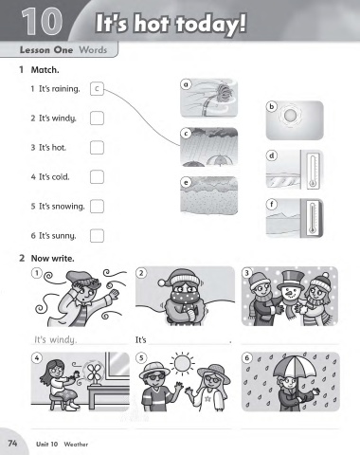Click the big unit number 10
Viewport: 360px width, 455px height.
tap(42, 22)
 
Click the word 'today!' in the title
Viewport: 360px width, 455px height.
tap(210, 24)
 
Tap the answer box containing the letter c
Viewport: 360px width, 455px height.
tap(97, 89)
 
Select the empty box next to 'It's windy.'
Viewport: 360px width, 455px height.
tap(97, 118)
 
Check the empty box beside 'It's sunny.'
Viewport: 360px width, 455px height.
tap(97, 236)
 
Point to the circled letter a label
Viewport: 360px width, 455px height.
tap(186, 84)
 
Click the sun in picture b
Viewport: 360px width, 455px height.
tap(289, 116)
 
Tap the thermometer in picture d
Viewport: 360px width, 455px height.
tap(313, 171)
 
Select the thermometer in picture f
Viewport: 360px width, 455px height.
tap(313, 219)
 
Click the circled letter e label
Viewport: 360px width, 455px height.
tap(186, 182)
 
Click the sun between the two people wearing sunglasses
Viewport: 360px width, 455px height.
tap(182, 362)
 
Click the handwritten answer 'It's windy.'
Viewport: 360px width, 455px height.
tap(55, 340)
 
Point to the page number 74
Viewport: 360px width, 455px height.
tap(12, 443)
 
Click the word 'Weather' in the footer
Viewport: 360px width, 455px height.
tap(76, 445)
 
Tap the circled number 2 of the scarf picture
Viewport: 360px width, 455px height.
tap(141, 273)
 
